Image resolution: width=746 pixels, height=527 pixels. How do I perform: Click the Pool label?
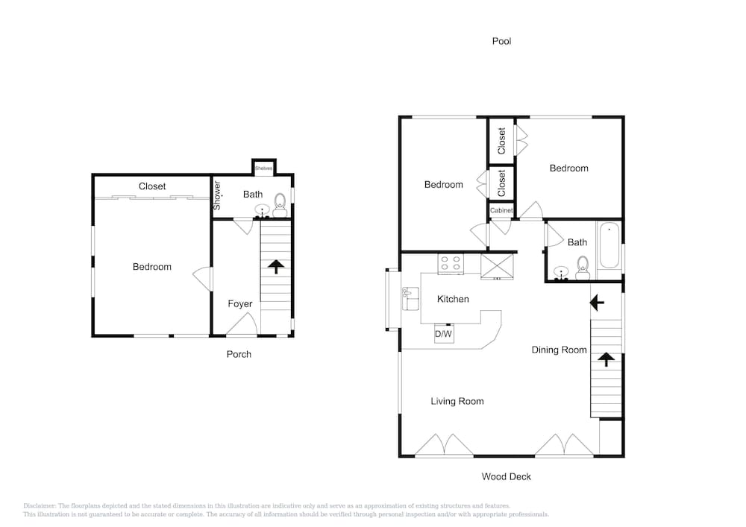click(x=501, y=41)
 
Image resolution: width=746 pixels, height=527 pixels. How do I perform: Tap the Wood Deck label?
click(x=506, y=476)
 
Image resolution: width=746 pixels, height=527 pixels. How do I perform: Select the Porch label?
click(x=239, y=354)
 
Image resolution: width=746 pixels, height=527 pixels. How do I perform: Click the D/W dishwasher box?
click(x=444, y=335)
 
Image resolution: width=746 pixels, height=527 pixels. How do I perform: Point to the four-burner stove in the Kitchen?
click(x=450, y=263)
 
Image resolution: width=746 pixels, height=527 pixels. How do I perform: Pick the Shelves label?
click(x=263, y=168)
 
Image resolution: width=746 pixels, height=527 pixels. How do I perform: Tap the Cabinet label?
click(x=501, y=211)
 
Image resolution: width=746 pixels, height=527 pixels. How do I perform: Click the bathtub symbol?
click(x=609, y=246)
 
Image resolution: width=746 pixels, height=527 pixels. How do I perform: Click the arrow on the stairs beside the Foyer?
click(x=275, y=266)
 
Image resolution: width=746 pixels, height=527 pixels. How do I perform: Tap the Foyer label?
click(x=240, y=303)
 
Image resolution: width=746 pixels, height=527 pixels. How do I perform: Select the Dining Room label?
click(x=559, y=350)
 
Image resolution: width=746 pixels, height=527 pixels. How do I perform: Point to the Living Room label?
click(x=457, y=401)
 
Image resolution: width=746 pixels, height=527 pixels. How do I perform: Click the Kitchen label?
click(x=453, y=299)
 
